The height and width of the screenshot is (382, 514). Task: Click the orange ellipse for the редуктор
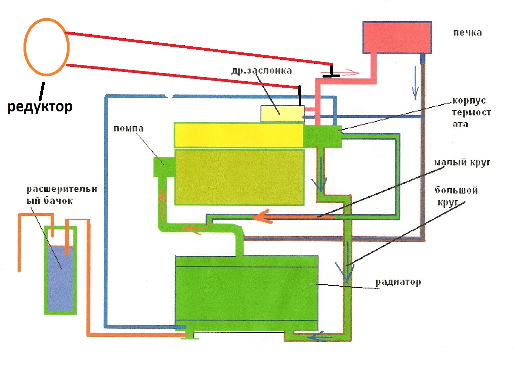pyautogui.click(x=46, y=47)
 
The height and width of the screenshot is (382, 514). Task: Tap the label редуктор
pyautogui.click(x=40, y=107)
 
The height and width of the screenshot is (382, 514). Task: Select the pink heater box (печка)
pyautogui.click(x=397, y=37)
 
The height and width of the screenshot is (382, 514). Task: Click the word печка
pyautogui.click(x=467, y=33)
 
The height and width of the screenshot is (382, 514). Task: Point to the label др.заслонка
pyautogui.click(x=261, y=70)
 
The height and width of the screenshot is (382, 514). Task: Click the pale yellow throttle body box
pyautogui.click(x=282, y=114)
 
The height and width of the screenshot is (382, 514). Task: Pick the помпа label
pyautogui.click(x=128, y=129)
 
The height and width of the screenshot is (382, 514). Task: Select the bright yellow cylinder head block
pyautogui.click(x=239, y=135)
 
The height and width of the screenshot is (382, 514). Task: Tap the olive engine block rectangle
pyautogui.click(x=239, y=177)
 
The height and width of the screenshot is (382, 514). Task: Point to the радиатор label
pyautogui.click(x=398, y=282)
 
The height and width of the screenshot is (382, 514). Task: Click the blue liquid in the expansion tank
pyautogui.click(x=60, y=279)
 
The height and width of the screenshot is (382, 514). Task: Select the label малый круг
pyautogui.click(x=462, y=162)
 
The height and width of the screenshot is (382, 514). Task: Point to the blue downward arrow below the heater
pyautogui.click(x=415, y=84)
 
